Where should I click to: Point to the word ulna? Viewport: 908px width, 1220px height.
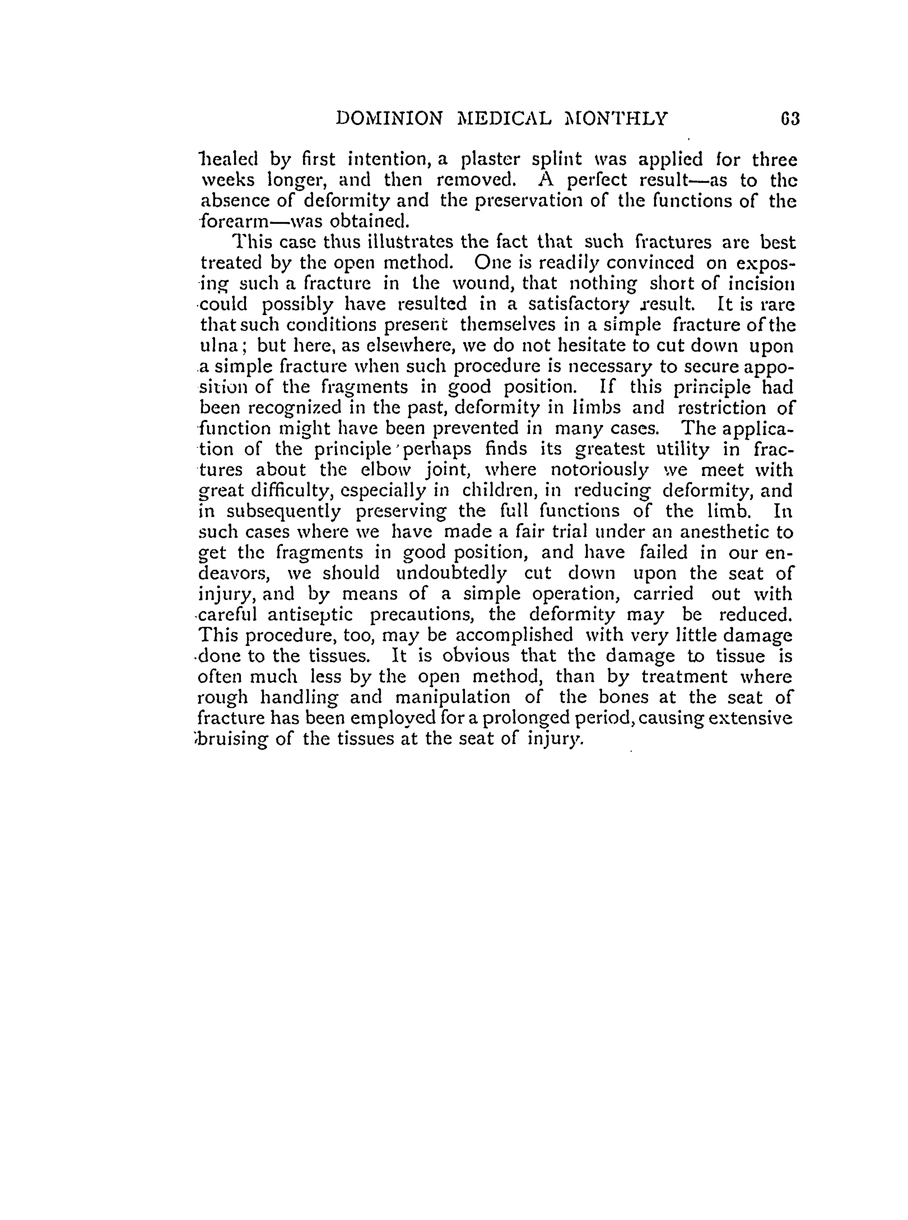(x=218, y=346)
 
